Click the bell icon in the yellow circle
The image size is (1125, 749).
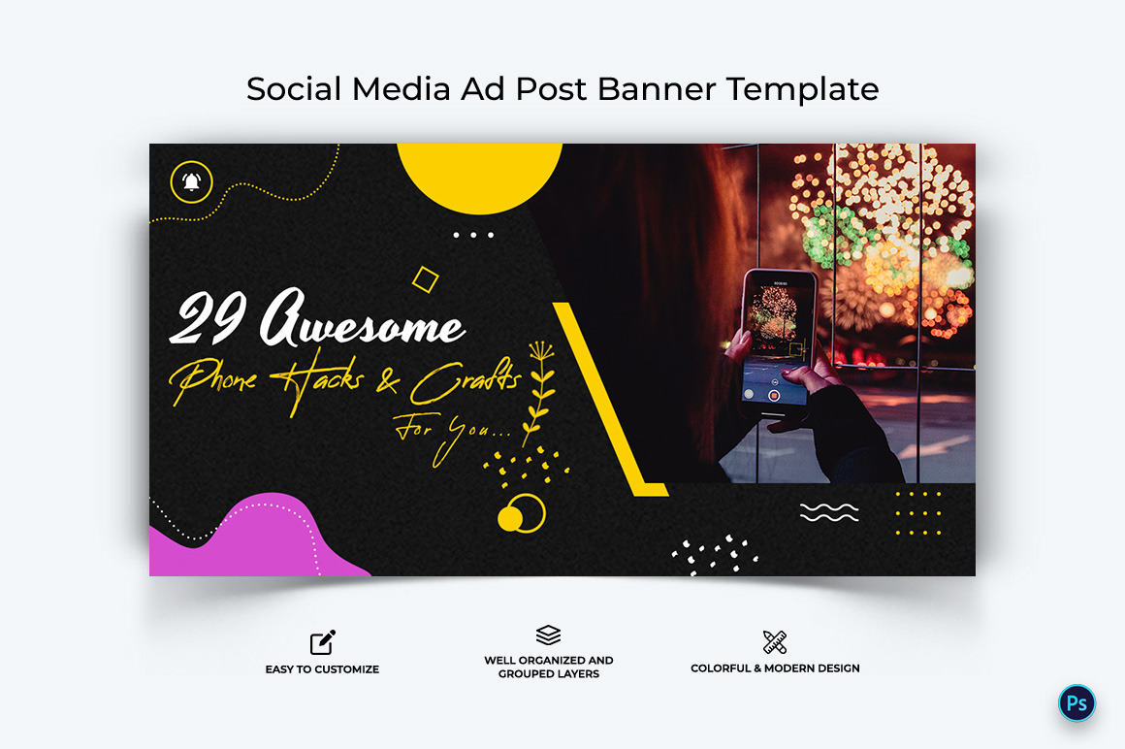tap(191, 181)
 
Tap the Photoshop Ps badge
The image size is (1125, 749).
tap(1077, 703)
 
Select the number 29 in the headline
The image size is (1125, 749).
tap(207, 318)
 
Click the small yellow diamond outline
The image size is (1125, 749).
tap(425, 279)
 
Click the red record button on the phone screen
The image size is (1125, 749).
tap(774, 395)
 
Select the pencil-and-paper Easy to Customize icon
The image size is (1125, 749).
tap(323, 642)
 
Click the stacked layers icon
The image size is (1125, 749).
tap(548, 635)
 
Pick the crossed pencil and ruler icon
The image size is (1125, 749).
tap(775, 641)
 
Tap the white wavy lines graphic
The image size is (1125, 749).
tap(829, 512)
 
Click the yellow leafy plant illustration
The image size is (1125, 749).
tap(538, 388)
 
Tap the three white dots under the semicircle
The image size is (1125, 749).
tap(473, 235)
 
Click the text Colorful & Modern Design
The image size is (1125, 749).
tap(775, 668)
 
